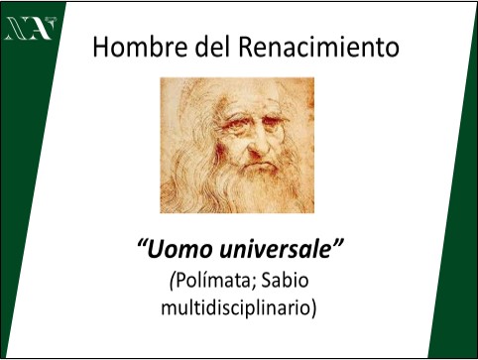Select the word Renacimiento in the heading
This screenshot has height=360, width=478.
pos(318,47)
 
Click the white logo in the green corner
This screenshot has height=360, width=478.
pos(30,29)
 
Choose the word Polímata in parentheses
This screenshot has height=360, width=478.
pos(211,282)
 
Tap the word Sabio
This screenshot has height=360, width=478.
pos(285,281)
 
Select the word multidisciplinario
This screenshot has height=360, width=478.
pos(235,308)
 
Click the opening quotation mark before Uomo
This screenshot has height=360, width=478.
pos(141,245)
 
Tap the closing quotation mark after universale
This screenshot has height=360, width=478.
pos(337,244)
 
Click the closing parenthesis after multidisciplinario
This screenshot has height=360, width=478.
pos(312,308)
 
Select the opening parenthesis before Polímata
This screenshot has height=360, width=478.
pos(172,282)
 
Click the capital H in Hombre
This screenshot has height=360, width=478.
pos(100,47)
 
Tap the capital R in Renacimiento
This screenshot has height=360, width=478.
pos(246,47)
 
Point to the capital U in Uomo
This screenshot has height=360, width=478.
pos(156,250)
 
